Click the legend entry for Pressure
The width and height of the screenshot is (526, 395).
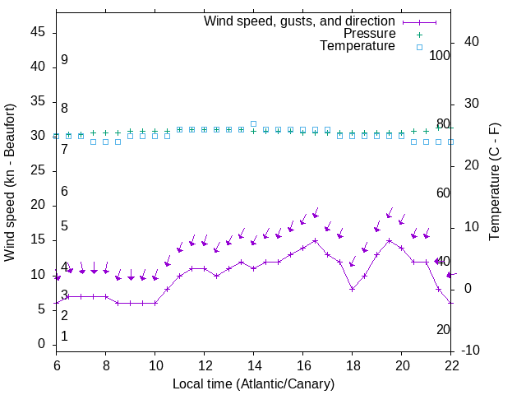pyautogui.click(x=369, y=34)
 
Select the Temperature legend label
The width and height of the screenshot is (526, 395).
pyautogui.click(x=358, y=46)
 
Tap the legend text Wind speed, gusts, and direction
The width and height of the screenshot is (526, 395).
pyautogui.click(x=299, y=21)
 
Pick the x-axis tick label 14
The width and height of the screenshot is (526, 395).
pyautogui.click(x=253, y=365)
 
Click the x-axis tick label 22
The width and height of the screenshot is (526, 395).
pyautogui.click(x=450, y=365)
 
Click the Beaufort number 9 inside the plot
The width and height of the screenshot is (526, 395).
pyautogui.click(x=64, y=60)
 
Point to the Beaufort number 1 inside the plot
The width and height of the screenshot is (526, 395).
pyautogui.click(x=64, y=336)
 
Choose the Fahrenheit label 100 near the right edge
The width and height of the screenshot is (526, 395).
pyautogui.click(x=441, y=55)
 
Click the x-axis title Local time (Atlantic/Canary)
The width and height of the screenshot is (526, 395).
pyautogui.click(x=253, y=383)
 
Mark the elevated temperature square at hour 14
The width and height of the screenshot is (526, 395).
pyautogui.click(x=253, y=124)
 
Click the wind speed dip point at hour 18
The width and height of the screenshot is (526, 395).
pyautogui.click(x=352, y=289)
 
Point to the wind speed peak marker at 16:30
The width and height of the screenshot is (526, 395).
pyautogui.click(x=315, y=240)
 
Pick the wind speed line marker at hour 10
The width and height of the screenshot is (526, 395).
pyautogui.click(x=155, y=303)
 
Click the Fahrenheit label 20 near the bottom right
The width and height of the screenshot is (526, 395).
pyautogui.click(x=443, y=329)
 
